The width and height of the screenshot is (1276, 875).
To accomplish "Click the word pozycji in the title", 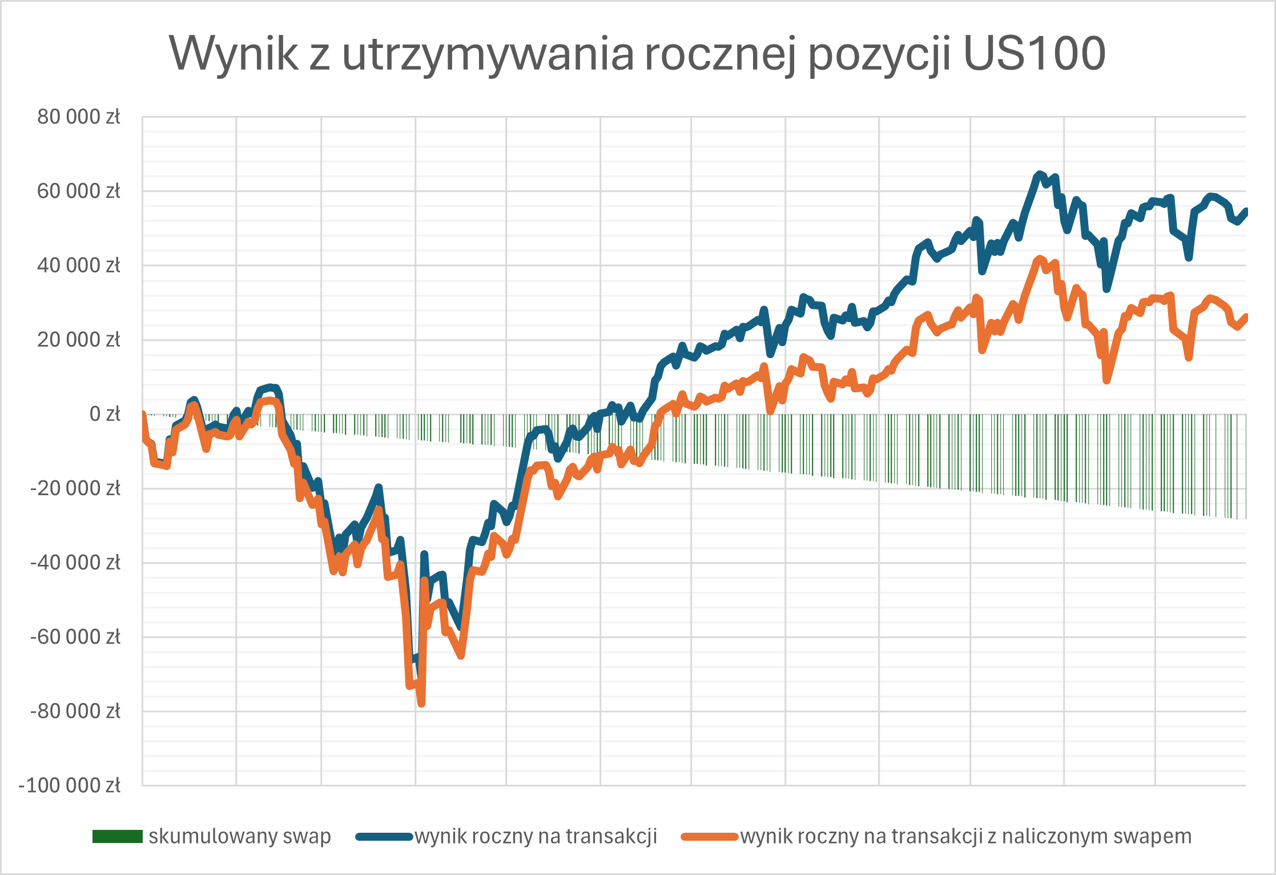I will pyautogui.click(x=879, y=55).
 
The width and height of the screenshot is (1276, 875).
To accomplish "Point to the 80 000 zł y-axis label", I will pyautogui.click(x=79, y=117).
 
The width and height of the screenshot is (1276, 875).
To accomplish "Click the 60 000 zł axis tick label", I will pyautogui.click(x=79, y=191).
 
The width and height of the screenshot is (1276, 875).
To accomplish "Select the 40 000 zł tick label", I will pyautogui.click(x=79, y=266).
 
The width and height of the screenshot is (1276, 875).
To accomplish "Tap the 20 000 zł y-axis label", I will pyautogui.click(x=79, y=340).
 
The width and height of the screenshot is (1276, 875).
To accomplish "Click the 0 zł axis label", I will pyautogui.click(x=105, y=414).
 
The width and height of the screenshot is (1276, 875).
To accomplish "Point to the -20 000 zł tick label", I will pyautogui.click(x=75, y=488).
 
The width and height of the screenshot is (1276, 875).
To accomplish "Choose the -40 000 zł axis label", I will pyautogui.click(x=75, y=563).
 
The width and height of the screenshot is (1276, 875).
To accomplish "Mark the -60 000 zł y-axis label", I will pyautogui.click(x=75, y=637).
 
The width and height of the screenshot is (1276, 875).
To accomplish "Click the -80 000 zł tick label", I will pyautogui.click(x=75, y=711).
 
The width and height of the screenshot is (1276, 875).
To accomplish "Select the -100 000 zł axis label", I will pyautogui.click(x=70, y=785).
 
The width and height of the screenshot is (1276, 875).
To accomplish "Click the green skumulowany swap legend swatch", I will pyautogui.click(x=117, y=837).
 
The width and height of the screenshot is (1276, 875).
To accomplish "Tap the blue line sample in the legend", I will pyautogui.click(x=384, y=837).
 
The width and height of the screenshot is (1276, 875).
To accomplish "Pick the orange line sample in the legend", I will pyautogui.click(x=710, y=837).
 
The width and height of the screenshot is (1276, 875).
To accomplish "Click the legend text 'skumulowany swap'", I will pyautogui.click(x=240, y=837).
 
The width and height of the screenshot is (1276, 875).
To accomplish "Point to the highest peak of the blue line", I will pyautogui.click(x=1040, y=174).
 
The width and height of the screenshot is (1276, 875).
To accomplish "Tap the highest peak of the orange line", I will pyautogui.click(x=1040, y=259).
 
